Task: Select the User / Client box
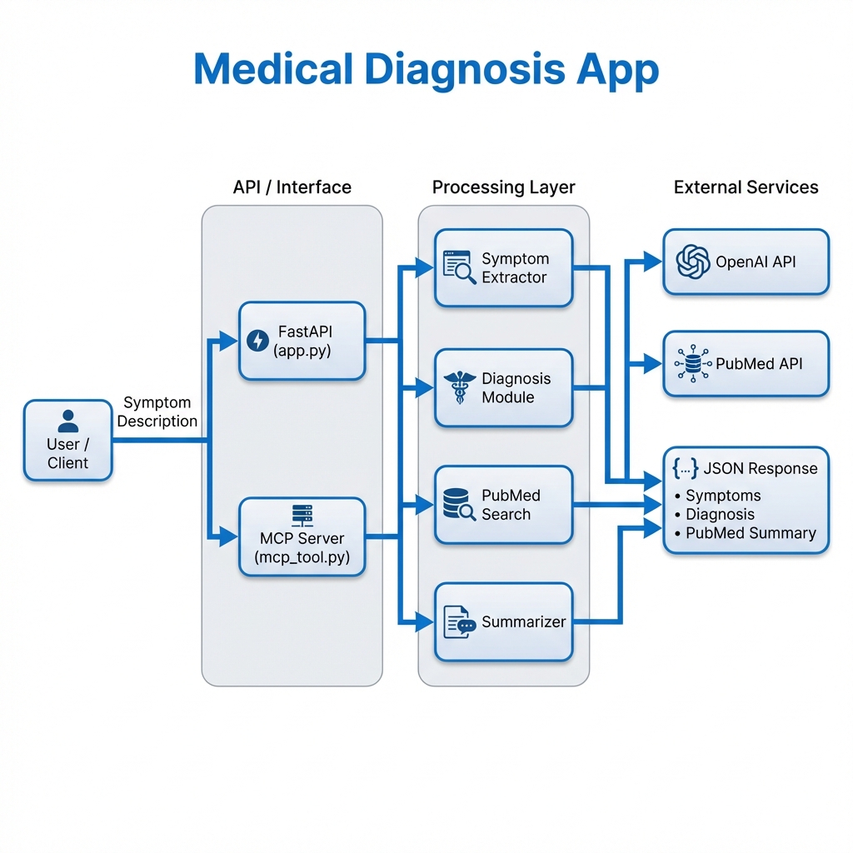67,440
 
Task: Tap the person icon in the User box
67,421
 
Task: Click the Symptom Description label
157,412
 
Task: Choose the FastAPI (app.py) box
302,341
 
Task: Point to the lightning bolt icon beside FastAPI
256,340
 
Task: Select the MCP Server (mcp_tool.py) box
302,537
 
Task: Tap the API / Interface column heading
292,187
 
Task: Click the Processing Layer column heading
503,187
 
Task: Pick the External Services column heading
746,187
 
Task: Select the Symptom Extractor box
503,268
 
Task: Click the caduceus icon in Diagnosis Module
458,388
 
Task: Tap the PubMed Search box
503,505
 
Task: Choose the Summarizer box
503,622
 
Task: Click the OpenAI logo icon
692,262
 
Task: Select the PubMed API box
746,364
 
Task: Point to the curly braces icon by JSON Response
685,469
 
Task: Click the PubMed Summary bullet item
750,533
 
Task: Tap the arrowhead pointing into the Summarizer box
426,621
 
